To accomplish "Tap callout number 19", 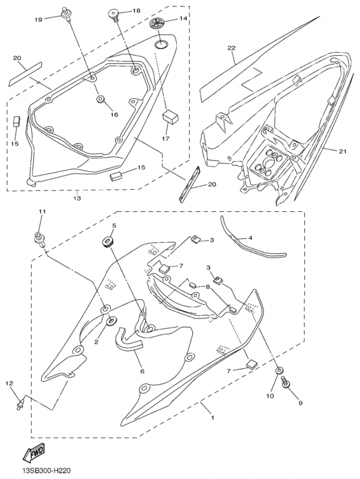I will tap(38, 20).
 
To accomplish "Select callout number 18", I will tap(136, 11).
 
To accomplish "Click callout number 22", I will tap(231, 47).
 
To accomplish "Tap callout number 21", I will tap(342, 151).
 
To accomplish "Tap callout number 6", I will tap(142, 371).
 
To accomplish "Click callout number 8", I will tap(207, 287).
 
